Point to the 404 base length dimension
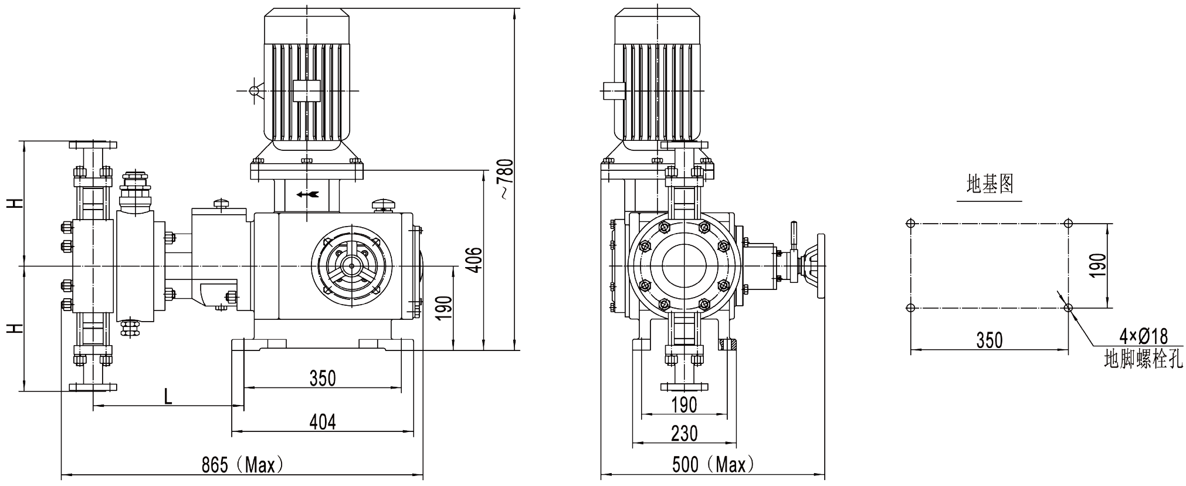point(323,421)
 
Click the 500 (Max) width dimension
point(713,465)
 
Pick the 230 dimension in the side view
point(684,433)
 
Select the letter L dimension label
point(168,397)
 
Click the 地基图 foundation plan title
point(990,185)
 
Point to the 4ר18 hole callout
point(1143,336)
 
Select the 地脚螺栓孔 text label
point(1143,358)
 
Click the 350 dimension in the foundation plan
point(990,340)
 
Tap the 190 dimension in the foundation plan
point(1098,265)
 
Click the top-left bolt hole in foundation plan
point(910,223)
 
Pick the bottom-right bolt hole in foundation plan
point(1068,307)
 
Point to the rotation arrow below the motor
point(307,194)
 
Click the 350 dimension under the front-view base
point(323,378)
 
